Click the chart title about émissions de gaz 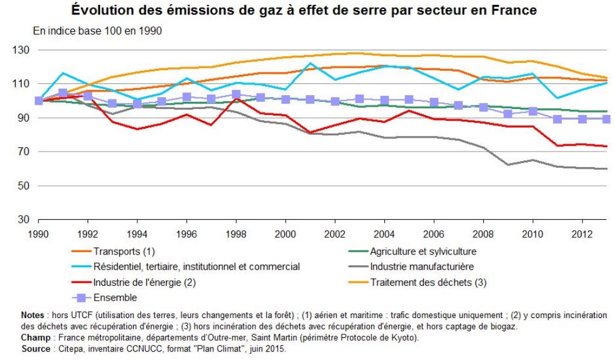[307, 10]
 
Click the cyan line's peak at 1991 [63, 73]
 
